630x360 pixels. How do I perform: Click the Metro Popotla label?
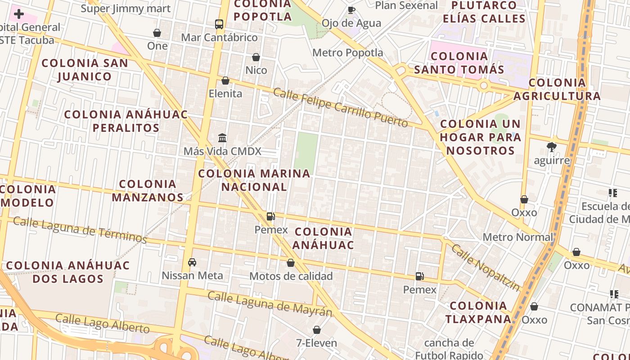(348, 53)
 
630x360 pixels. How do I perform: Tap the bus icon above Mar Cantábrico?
(219, 24)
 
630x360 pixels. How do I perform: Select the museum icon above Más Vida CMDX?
(222, 138)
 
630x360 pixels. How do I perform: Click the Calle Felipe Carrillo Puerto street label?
(341, 108)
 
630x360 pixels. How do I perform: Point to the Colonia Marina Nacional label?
(254, 180)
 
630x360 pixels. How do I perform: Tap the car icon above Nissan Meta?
(192, 262)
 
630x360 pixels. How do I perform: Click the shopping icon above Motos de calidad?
(291, 263)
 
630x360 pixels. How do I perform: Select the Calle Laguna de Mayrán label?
(270, 304)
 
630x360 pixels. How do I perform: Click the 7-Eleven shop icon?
(317, 330)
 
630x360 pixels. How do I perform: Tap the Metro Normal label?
(517, 237)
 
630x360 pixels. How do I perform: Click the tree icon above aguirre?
(551, 147)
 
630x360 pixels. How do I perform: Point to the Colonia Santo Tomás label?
(459, 63)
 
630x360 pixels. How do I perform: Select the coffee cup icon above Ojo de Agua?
(351, 10)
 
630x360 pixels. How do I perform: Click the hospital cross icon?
(18, 14)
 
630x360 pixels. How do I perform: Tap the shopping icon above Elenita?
(225, 81)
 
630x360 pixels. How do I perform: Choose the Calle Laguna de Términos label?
(80, 229)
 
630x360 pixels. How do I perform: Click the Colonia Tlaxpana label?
(478, 312)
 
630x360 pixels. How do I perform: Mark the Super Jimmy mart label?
(126, 9)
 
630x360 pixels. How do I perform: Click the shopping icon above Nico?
(256, 57)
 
